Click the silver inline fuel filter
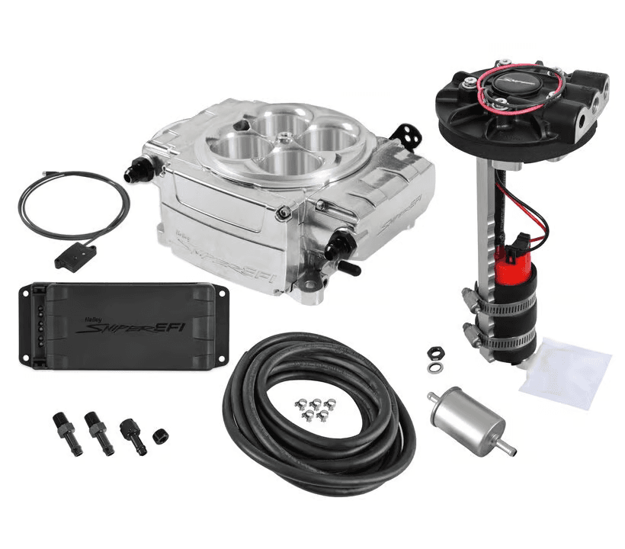466,416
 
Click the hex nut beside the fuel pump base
434,353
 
